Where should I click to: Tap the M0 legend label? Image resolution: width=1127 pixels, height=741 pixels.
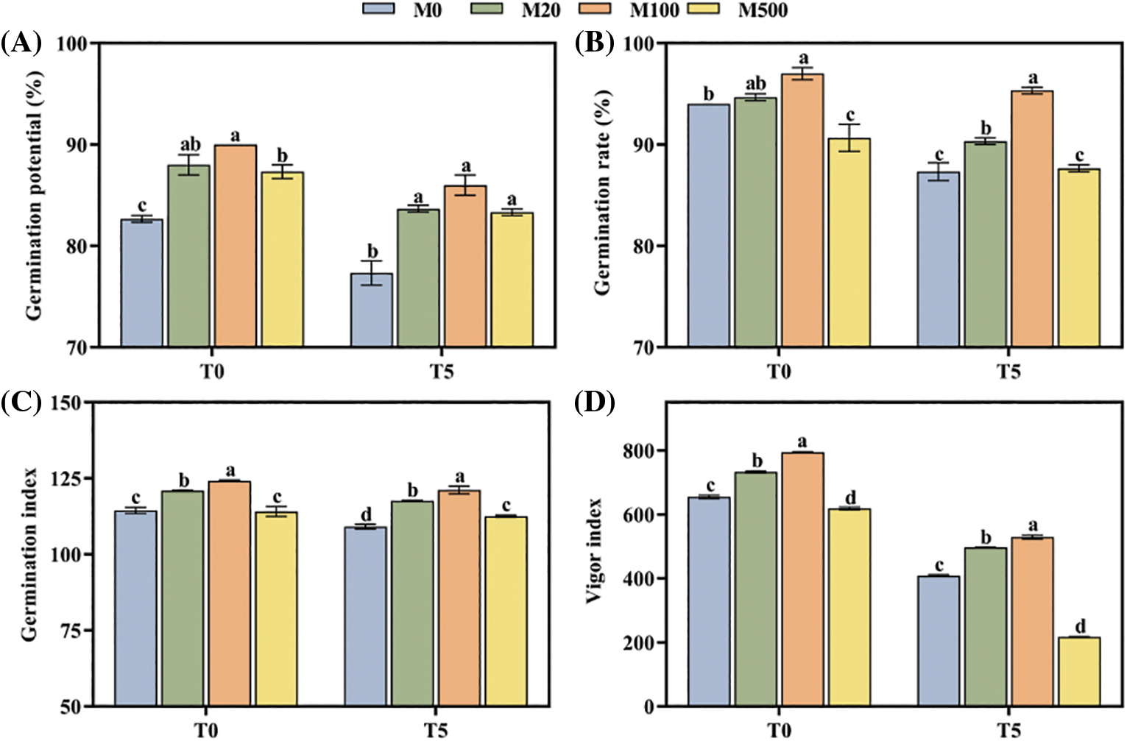(427, 10)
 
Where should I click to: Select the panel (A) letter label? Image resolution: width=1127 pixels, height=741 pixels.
(21, 43)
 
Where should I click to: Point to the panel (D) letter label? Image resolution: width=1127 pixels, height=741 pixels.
(595, 403)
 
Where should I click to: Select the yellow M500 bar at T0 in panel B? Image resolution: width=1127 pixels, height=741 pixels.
(849, 242)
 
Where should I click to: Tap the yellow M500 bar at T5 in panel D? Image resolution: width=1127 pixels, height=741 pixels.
(1079, 671)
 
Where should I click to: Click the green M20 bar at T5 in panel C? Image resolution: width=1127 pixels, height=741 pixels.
(412, 603)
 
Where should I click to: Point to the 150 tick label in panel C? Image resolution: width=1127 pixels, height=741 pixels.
(68, 403)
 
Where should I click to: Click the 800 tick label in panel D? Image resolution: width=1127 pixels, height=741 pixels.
(639, 450)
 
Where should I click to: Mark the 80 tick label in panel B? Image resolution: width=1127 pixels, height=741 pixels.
(643, 246)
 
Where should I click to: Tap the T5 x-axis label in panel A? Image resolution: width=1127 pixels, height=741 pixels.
(442, 371)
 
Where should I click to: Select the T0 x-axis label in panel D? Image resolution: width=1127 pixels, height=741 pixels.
(780, 729)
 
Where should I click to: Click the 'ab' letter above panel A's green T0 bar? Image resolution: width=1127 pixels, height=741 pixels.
(190, 145)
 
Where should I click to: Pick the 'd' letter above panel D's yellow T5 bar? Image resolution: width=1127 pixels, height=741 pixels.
(1080, 627)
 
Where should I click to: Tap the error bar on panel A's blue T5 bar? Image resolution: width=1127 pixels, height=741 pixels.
(372, 273)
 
